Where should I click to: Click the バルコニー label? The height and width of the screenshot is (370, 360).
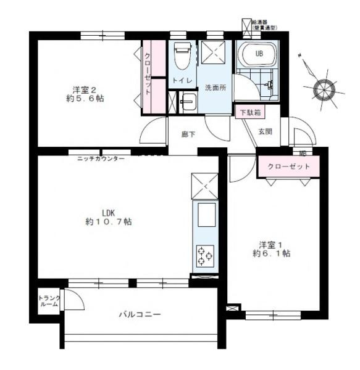coord(140,314)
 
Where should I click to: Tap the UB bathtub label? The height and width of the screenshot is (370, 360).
coord(259,54)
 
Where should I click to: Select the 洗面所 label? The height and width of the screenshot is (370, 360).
coord(215,87)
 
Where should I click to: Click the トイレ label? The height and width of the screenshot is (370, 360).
coord(182,81)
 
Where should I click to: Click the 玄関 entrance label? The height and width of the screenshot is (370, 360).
coord(265,131)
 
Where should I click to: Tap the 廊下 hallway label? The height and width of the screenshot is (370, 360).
coord(188,134)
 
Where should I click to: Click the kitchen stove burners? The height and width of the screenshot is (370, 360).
coord(204,255)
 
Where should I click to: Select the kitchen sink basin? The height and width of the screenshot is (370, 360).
coord(204,216)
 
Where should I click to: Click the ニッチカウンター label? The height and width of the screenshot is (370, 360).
coord(101,158)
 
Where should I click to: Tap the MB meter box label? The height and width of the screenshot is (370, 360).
coord(303,153)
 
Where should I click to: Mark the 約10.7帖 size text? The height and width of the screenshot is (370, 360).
coord(109,221)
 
